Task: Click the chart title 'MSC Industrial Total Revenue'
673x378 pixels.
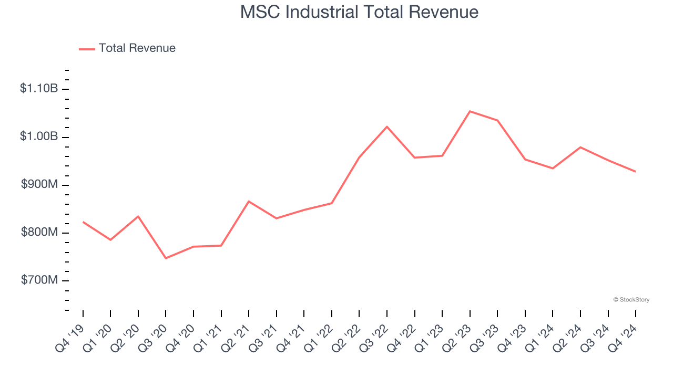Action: pos(359,12)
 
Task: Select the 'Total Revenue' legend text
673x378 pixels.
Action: pos(137,48)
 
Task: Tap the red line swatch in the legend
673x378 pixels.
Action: pos(87,49)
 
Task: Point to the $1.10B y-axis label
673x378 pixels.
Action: pos(39,89)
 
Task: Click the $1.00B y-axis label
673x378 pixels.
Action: pos(39,136)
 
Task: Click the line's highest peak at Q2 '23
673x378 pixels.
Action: pos(470,111)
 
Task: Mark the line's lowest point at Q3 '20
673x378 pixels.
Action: pos(166,258)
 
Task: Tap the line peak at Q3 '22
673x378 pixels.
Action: pos(387,127)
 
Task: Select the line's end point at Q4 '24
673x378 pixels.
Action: pos(635,172)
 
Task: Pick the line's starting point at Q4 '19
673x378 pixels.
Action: pos(83,222)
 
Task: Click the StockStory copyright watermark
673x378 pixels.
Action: pos(631,300)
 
